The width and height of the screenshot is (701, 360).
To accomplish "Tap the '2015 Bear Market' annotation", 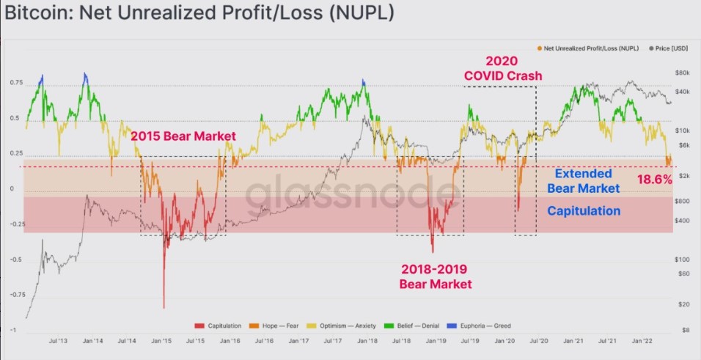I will click(x=183, y=136).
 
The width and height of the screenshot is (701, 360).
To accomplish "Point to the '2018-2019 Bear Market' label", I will click(x=436, y=276).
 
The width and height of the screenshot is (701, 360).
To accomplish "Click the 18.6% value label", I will click(x=654, y=179).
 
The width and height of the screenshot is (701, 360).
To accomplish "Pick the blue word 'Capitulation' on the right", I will click(x=584, y=210).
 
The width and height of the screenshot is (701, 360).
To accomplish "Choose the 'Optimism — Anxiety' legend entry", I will click(x=344, y=325).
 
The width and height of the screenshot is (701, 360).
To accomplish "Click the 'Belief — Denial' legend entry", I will click(x=417, y=325).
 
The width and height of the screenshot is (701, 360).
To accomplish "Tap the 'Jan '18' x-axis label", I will click(x=363, y=341).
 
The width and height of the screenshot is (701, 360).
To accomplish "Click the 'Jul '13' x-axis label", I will click(x=59, y=341).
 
